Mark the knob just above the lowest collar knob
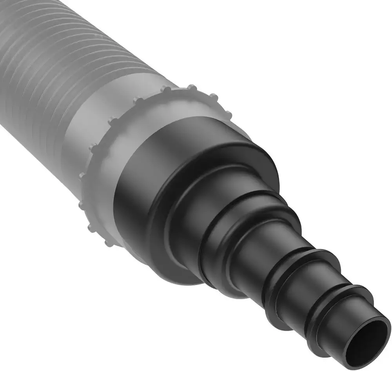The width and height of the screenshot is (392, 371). coord(92,228)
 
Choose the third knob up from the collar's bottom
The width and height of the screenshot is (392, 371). coord(82,204)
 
